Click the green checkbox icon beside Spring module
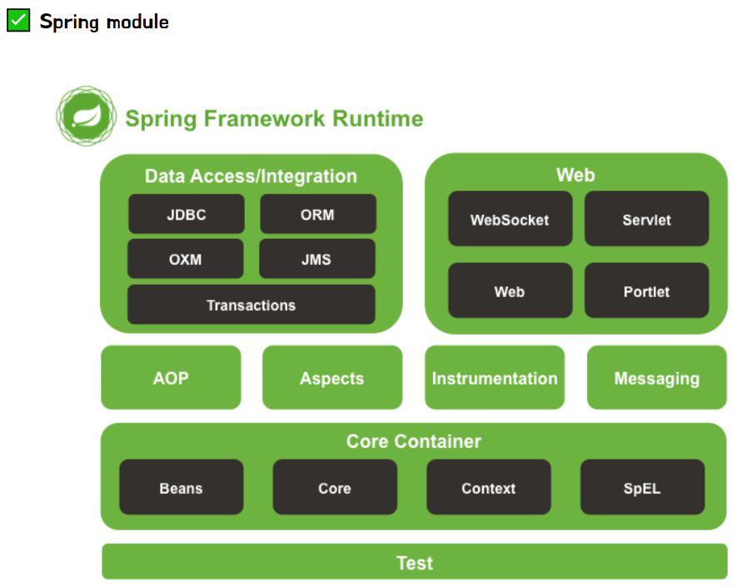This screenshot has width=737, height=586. (x=18, y=21)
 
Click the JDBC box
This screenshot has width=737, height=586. (x=186, y=214)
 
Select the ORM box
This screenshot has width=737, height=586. (x=317, y=214)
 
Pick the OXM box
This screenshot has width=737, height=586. (x=185, y=259)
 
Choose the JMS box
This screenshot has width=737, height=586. (x=316, y=259)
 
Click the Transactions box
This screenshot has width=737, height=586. (x=251, y=305)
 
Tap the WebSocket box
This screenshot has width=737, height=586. (x=510, y=219)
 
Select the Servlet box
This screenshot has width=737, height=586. (x=646, y=219)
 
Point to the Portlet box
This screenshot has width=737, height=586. (x=646, y=291)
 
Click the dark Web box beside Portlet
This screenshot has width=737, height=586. (x=510, y=291)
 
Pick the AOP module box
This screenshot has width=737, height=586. (x=171, y=378)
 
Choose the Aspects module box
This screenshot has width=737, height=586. (x=331, y=378)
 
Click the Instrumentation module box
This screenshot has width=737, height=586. (x=494, y=378)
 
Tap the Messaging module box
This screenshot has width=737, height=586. (x=656, y=378)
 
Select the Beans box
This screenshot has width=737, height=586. (x=181, y=487)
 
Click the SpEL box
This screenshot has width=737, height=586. (x=642, y=487)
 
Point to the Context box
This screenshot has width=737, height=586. (x=488, y=487)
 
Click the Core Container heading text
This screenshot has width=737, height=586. (x=413, y=441)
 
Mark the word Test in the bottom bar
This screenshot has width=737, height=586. (x=414, y=563)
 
